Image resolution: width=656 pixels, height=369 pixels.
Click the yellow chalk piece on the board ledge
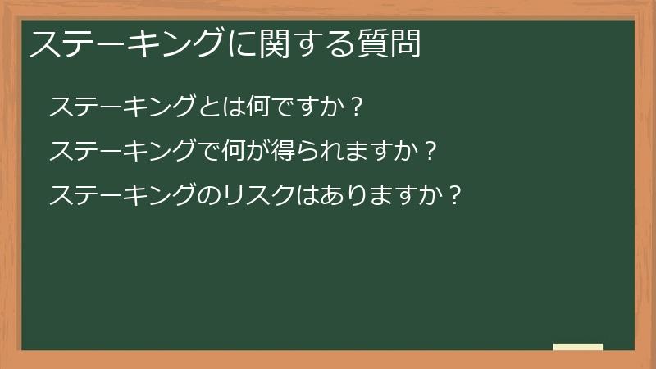click(578, 347)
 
